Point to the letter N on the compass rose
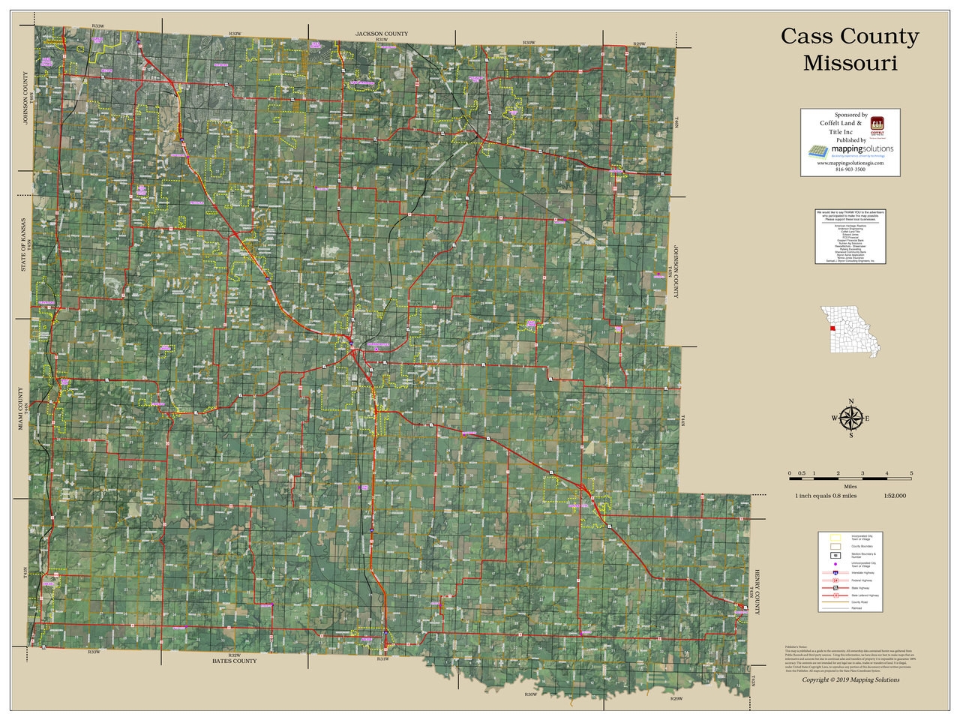point(851,402)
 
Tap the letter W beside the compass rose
point(834,418)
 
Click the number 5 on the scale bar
point(911,473)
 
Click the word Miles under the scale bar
point(850,487)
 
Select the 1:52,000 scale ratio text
point(894,496)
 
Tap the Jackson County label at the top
point(382,34)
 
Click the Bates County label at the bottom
point(234,661)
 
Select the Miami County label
point(22,409)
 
